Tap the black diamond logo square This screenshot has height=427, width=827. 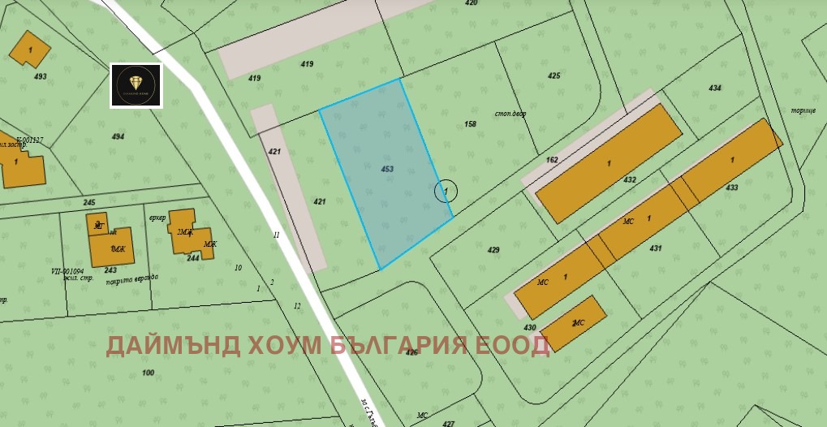(x=136, y=85)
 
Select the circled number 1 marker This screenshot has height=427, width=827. (x=446, y=191)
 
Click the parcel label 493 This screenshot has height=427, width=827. (x=41, y=77)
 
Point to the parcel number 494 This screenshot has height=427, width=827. (x=118, y=136)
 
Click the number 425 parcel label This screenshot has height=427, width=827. (x=553, y=75)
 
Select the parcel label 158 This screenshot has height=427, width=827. (x=470, y=124)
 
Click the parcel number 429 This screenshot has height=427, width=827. (x=493, y=250)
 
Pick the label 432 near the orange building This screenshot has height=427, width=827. (x=630, y=179)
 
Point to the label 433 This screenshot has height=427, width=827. (x=732, y=188)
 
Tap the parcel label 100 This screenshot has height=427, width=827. (x=148, y=373)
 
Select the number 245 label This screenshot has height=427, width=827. (x=89, y=202)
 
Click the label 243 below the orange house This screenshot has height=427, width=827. (x=110, y=270)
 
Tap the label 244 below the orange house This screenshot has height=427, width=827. (x=193, y=258)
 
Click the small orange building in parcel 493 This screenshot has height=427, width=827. (x=29, y=49)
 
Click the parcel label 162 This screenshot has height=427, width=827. (x=552, y=160)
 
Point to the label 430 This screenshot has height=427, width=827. (x=530, y=327)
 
